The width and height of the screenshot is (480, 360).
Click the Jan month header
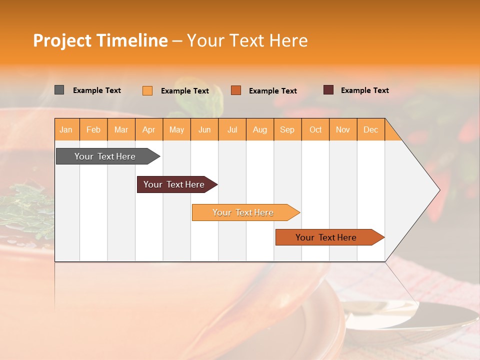point(66,129)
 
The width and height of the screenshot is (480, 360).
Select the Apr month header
point(149,129)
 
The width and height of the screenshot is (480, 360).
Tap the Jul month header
point(232,129)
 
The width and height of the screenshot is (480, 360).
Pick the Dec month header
point(370,129)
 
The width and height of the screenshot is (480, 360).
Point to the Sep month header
point(287,129)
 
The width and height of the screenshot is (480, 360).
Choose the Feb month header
point(93,129)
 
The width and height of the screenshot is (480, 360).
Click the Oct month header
point(315,129)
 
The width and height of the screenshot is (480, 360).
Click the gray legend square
point(59,90)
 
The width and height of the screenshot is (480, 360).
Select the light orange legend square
point(147,90)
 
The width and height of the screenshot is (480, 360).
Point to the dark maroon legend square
point(328,90)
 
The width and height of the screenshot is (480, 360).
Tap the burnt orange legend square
point(236,90)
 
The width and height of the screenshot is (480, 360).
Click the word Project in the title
point(62,40)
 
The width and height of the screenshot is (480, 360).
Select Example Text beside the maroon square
point(364,90)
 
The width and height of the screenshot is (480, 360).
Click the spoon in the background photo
point(410,315)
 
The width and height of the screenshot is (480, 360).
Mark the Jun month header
point(204,129)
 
